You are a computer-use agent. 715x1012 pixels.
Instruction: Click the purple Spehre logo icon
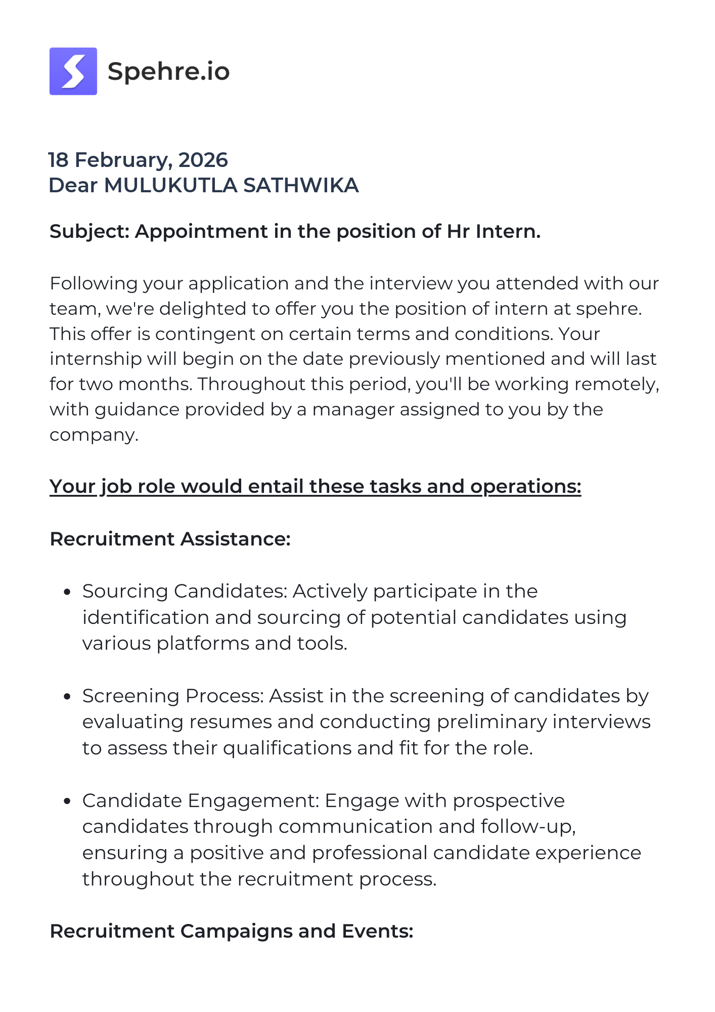point(73,71)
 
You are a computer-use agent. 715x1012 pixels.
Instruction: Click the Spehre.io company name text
point(168,71)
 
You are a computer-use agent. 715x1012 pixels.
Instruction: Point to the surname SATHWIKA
point(301,186)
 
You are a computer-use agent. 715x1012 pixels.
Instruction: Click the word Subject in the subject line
point(89,232)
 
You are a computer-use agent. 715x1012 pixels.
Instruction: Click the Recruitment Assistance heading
point(170,539)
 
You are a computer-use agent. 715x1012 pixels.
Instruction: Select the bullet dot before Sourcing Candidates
point(67,592)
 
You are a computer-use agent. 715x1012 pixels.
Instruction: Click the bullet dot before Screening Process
point(67,697)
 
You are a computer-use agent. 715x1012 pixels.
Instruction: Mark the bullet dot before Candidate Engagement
point(67,802)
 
